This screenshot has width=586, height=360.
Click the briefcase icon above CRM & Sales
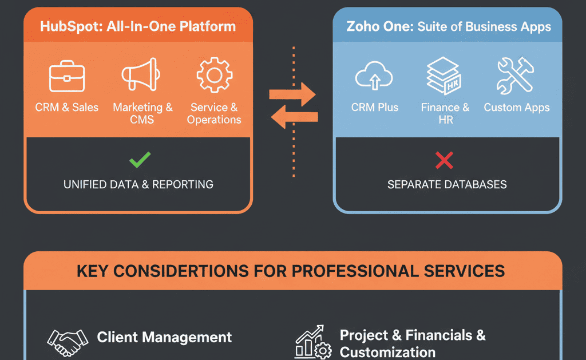tap(67, 78)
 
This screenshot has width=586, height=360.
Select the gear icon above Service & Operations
tap(215, 76)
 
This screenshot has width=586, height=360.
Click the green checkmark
tap(140, 160)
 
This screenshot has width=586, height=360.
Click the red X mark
tap(444, 160)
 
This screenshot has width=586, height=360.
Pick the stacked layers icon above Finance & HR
tap(445, 77)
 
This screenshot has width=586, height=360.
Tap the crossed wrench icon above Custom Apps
tap(516, 76)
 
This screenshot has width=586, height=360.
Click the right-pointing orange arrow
tap(292, 93)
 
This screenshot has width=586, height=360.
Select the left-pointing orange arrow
tap(294, 118)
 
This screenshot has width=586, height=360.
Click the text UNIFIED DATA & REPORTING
tap(138, 184)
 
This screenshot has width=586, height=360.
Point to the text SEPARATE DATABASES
tap(447, 184)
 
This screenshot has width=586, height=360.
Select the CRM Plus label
tap(375, 107)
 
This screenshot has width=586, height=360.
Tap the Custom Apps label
tap(517, 107)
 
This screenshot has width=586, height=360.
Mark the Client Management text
tap(164, 337)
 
